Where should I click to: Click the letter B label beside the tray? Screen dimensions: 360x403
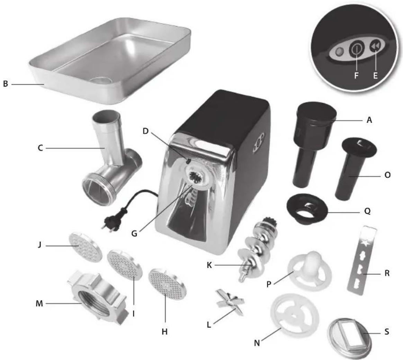pos(6,84)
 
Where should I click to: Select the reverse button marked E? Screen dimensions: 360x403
pos(375,47)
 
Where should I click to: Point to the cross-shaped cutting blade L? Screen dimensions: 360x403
pos(229,304)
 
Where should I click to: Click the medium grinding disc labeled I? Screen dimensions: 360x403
pos(125,267)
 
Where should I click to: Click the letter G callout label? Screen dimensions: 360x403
pos(134,233)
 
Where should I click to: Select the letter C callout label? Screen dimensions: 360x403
pos(40,148)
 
